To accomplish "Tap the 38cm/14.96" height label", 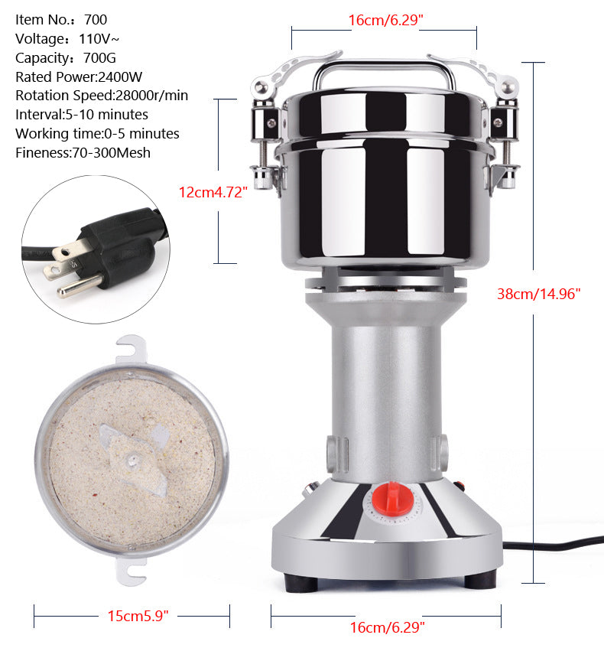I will [539, 292].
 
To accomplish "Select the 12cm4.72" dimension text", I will [213, 192].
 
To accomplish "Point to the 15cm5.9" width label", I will [138, 615].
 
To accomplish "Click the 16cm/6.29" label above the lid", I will [385, 20].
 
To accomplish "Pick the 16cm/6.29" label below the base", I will [387, 627].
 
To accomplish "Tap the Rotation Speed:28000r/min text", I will [102, 96].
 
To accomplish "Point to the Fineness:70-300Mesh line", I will [83, 152].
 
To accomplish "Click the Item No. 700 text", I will [61, 20].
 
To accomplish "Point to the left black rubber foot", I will [302, 581].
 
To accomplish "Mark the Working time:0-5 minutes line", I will [97, 133].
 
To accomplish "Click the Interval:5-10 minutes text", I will [82, 115].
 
